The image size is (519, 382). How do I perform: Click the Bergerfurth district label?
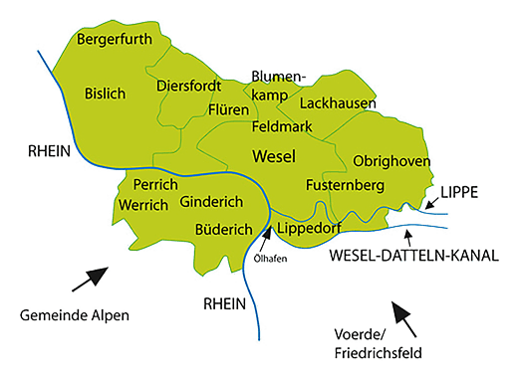click(x=116, y=41)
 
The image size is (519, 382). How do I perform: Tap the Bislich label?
click(x=106, y=94)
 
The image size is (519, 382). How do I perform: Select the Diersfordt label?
click(x=188, y=87)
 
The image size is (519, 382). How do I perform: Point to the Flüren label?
click(x=229, y=109)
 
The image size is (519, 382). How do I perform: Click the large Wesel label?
click(x=276, y=157)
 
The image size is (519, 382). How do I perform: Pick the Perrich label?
click(x=154, y=186)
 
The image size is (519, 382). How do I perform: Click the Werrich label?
click(x=144, y=205)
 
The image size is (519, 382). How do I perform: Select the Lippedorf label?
click(x=311, y=229)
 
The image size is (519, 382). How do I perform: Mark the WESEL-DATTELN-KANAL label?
click(x=412, y=256)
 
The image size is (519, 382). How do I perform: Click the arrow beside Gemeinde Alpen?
click(x=97, y=278)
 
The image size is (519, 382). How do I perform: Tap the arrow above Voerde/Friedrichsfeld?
click(x=405, y=319)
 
